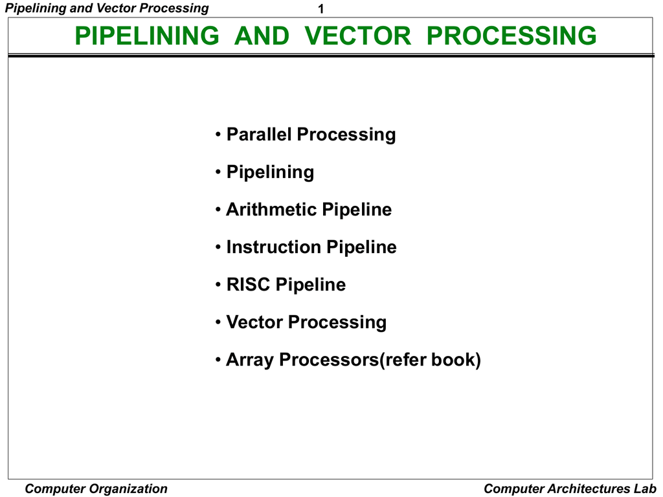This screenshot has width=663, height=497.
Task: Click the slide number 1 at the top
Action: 320,10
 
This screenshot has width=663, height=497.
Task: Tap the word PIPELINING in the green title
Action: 147,36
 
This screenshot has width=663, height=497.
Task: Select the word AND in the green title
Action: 262,36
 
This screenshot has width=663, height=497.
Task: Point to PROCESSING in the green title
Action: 511,36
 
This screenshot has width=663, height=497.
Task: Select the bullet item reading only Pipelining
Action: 270,172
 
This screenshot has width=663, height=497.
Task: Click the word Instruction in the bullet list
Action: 273,247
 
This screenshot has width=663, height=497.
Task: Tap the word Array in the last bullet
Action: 249,360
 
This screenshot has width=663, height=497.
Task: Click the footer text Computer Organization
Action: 96,489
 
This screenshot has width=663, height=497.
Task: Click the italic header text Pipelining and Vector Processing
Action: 107,8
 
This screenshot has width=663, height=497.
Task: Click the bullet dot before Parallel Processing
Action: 218,135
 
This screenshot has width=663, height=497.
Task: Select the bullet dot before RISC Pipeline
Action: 218,285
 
